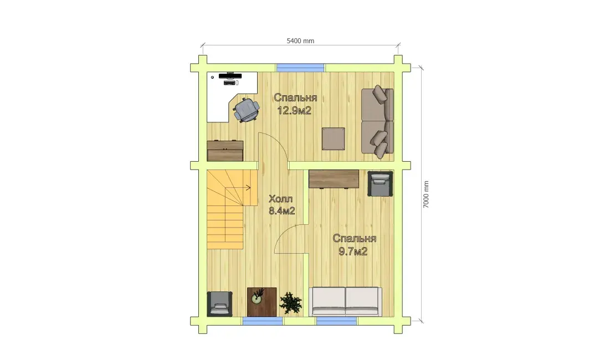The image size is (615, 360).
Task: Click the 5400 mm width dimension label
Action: (300, 41)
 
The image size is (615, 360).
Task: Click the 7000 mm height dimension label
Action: (426, 194)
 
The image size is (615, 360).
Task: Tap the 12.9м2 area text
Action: (294, 111)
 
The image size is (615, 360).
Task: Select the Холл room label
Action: (281, 199)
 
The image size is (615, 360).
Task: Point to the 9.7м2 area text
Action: (353, 251)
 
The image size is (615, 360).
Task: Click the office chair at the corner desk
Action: (247, 110)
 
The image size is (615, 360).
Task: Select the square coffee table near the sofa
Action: (334, 139)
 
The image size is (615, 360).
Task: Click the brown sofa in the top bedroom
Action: (377, 121)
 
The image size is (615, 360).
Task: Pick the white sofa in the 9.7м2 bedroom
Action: (346, 301)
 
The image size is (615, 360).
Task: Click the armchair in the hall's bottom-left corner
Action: (219, 304)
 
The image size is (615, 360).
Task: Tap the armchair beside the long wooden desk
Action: (380, 183)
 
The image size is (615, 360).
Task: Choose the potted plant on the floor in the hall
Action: (291, 303)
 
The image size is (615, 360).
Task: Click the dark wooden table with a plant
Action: (262, 302)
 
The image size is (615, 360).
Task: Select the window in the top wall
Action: (300, 68)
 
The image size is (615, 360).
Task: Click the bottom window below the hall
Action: (263, 321)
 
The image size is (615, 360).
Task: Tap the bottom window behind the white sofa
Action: (337, 321)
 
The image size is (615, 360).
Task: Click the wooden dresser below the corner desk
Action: (225, 151)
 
